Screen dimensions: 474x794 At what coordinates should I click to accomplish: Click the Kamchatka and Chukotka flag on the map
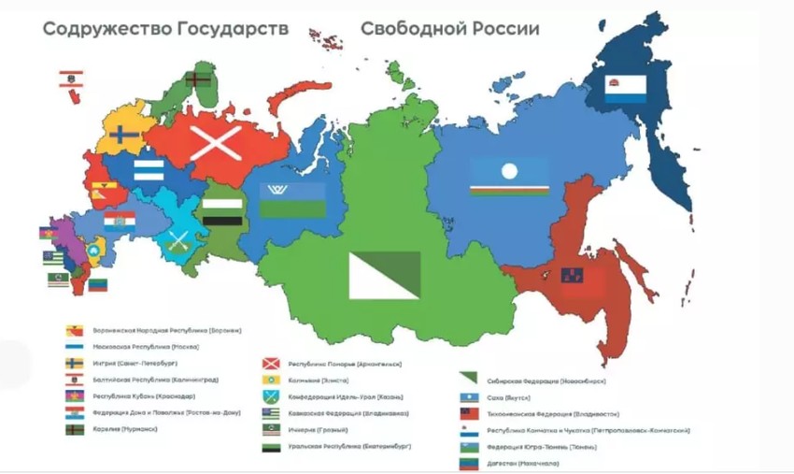(x=624, y=88)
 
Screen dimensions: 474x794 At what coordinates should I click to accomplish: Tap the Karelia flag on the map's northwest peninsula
(x=197, y=80)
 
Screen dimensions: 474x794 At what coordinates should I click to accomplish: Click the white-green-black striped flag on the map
(x=222, y=210)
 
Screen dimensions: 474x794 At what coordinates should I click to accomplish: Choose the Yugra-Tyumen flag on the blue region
(x=291, y=199)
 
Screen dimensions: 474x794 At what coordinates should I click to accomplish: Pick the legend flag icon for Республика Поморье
(x=271, y=363)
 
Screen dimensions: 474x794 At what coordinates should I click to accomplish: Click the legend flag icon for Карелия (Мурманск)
(x=75, y=429)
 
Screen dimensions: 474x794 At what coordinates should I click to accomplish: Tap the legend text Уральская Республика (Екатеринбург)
(x=346, y=447)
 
